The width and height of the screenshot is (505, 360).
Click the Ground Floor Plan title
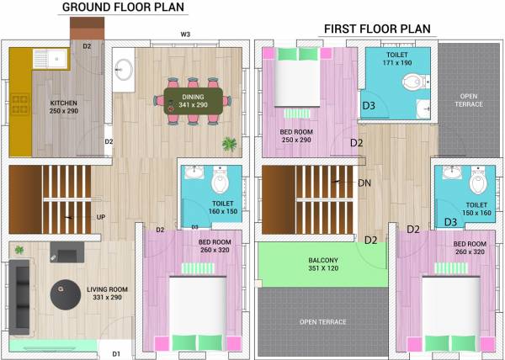(124, 9)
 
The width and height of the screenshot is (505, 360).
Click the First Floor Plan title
(377, 29)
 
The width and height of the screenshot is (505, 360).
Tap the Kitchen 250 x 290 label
(63, 107)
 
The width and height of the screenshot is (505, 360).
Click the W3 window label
(185, 34)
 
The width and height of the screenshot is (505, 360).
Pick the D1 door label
(116, 353)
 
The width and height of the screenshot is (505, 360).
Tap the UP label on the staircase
(100, 217)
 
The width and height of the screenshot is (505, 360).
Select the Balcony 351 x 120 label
(323, 265)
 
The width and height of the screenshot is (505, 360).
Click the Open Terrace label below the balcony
(322, 322)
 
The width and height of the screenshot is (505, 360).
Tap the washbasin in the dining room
(124, 71)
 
